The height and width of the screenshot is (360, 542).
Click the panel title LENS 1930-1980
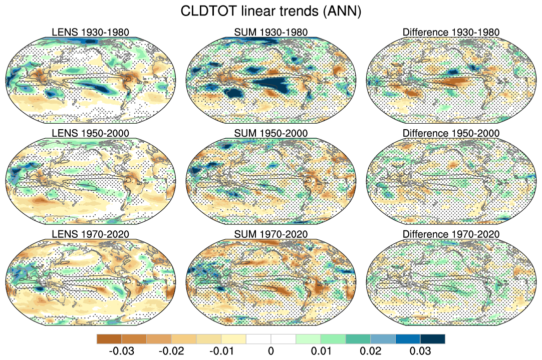coord(91,33)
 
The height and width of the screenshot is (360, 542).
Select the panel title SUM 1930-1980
coord(271,33)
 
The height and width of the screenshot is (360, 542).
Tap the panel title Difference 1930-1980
coord(451,33)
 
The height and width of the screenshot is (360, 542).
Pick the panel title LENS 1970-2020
coord(91,234)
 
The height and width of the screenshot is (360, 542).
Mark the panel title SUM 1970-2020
coord(271,234)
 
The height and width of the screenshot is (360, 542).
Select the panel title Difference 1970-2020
coord(451,234)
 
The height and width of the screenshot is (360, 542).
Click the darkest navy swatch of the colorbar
coord(432,339)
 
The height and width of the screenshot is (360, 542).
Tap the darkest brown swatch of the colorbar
coord(109,339)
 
